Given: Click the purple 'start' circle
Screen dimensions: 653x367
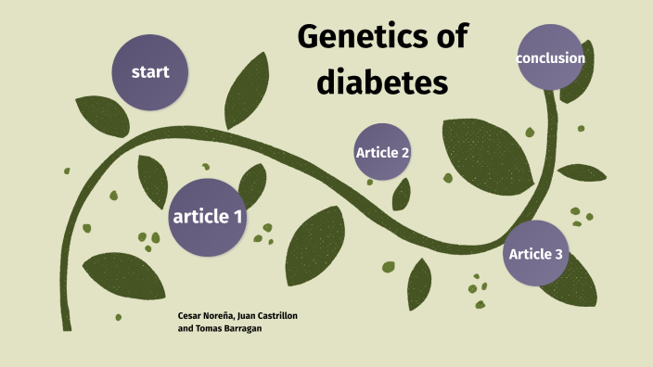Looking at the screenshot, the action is coord(148,72).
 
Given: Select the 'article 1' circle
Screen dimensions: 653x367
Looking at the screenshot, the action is coord(208,217).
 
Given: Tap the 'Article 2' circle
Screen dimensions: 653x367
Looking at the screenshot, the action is coord(382,152).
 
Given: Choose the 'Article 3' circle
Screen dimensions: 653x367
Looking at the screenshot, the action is coord(535,253).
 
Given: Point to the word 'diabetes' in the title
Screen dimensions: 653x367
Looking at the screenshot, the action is coord(382,83).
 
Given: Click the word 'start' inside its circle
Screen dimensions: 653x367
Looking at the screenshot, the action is coord(148,72).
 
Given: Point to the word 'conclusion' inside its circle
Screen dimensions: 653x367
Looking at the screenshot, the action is coord(550,58).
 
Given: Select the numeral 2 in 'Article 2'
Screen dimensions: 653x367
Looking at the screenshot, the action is coord(404,152).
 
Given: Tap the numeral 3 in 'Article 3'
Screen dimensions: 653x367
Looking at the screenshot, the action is coord(557,253).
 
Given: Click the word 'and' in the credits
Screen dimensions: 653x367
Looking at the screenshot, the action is coord(185,329).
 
